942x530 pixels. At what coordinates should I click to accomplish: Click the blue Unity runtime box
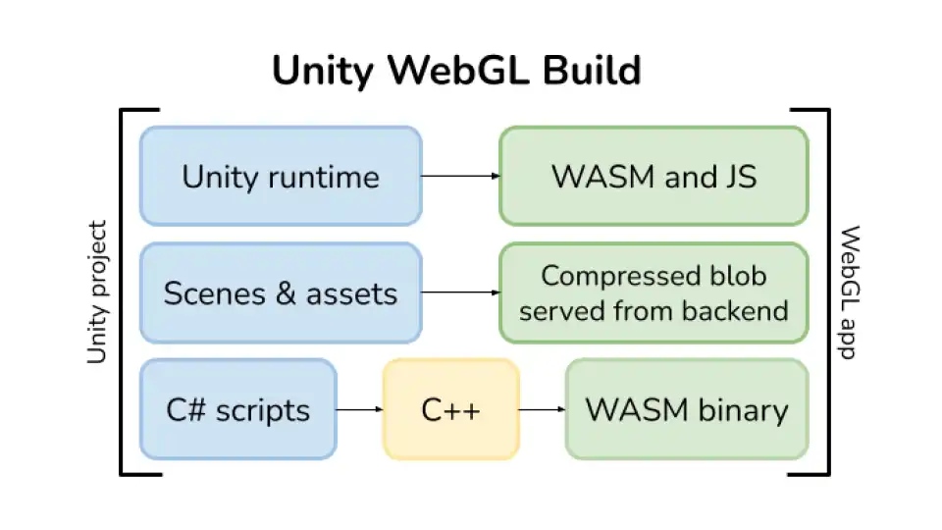[x=281, y=177]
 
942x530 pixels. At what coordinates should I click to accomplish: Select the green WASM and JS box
[x=654, y=177]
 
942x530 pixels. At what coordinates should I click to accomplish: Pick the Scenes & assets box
[x=281, y=292]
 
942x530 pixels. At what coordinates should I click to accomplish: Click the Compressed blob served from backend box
[x=654, y=292]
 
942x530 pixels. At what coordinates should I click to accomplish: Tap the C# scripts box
[x=237, y=409]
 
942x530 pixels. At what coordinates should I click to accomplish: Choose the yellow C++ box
[x=450, y=409]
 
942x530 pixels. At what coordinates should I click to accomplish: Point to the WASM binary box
[x=687, y=409]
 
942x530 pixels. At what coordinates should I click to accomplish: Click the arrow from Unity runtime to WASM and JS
[x=460, y=177]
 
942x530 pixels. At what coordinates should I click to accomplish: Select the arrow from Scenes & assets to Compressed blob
[x=460, y=292]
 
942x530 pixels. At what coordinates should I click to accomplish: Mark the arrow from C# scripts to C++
[x=359, y=409]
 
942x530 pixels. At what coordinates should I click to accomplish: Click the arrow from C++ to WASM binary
[x=542, y=409]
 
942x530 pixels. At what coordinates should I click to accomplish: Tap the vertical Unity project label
[x=96, y=292]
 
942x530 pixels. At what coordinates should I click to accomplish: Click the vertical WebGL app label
[x=850, y=292]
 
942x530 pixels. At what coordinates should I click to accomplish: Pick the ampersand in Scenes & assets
[x=280, y=293]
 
